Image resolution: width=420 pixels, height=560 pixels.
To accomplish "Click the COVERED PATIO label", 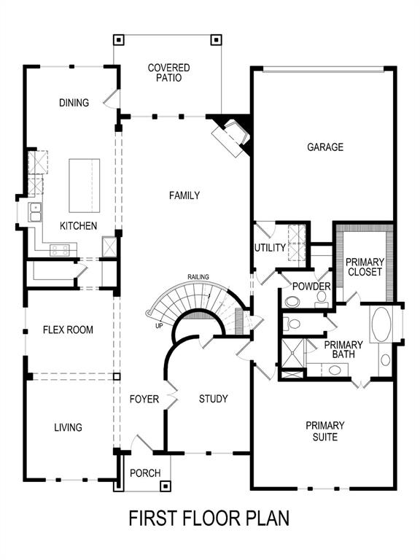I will click(x=168, y=73).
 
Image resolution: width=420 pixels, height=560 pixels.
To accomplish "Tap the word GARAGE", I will click(x=324, y=147).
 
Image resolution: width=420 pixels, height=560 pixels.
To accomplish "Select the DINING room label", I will click(x=74, y=103).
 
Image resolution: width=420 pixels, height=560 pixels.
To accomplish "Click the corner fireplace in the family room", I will click(x=232, y=136).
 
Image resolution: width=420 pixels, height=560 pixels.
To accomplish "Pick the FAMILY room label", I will click(x=184, y=195).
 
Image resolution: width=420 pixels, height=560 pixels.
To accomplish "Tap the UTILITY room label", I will click(x=269, y=248).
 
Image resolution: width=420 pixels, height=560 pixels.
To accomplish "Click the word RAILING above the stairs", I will click(x=198, y=277).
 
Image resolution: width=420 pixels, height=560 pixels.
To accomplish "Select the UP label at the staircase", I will click(x=159, y=326).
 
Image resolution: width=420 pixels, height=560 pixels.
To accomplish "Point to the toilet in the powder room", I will click(x=292, y=301).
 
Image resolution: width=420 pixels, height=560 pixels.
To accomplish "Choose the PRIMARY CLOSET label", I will click(x=365, y=268).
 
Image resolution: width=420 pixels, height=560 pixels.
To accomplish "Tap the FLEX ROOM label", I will click(x=68, y=330).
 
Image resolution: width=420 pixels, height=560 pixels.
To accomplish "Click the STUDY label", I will click(x=214, y=399).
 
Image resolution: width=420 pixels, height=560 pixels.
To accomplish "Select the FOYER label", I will click(x=144, y=399).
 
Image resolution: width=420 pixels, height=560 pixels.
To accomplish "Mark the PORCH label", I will click(x=145, y=473).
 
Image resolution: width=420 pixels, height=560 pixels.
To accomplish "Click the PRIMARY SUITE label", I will click(x=325, y=431).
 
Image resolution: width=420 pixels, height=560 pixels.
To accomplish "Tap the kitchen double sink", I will click(x=34, y=212).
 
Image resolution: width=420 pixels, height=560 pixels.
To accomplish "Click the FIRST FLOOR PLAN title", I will click(x=209, y=518).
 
